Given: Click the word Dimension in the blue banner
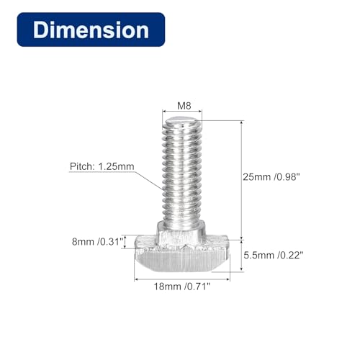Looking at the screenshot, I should point(92,31).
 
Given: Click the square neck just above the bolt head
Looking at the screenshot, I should point(181,232).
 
